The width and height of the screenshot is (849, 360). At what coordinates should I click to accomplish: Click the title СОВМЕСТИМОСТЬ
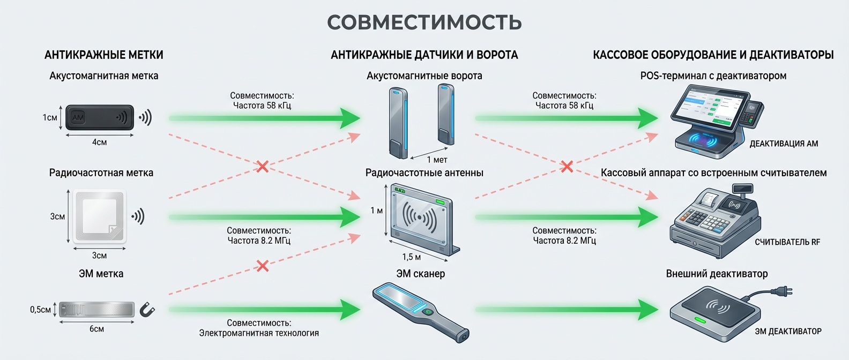click(x=424, y=22)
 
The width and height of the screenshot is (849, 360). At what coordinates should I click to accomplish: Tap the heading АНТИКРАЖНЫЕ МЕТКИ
click(x=103, y=55)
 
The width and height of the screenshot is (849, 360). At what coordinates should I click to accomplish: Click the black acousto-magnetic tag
click(x=99, y=117)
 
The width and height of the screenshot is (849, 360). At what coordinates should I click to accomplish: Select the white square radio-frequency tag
click(x=100, y=216)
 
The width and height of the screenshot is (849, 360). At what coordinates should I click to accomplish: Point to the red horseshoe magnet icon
click(x=147, y=310)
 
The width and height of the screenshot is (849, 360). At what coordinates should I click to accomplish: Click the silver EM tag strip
click(x=96, y=310)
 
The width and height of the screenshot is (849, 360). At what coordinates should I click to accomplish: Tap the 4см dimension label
click(x=99, y=142)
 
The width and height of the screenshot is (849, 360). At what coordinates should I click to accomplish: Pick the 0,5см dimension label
click(x=40, y=310)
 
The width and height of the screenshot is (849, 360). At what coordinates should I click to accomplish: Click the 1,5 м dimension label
click(x=411, y=257)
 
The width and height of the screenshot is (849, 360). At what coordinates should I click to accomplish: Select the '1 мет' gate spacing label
click(x=437, y=160)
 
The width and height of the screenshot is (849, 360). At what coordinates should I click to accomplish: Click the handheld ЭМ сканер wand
click(x=421, y=311)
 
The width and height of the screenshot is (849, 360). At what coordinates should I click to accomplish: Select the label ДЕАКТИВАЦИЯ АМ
click(x=784, y=144)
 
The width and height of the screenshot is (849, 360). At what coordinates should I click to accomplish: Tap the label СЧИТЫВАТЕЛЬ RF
click(x=787, y=242)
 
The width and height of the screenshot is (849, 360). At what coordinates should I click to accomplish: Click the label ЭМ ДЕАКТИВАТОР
click(x=788, y=332)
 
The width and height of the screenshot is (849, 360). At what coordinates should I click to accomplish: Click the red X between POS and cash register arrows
click(x=567, y=167)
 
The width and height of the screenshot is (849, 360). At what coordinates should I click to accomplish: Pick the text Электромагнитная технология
click(x=259, y=333)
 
